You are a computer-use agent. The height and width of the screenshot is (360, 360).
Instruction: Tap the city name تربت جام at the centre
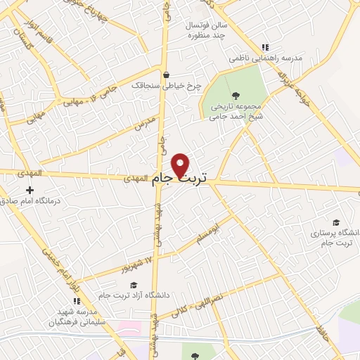click(181, 179)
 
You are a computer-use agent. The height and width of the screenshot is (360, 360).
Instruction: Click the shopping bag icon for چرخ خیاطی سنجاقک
click(166, 75)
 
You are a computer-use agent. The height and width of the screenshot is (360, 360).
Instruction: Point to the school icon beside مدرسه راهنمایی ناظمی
click(265, 47)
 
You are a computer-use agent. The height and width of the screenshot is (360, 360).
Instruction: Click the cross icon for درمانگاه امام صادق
click(30, 190)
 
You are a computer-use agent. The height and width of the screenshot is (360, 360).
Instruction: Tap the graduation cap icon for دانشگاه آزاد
click(134, 284)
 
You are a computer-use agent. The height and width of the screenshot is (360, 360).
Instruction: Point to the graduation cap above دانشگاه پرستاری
click(335, 222)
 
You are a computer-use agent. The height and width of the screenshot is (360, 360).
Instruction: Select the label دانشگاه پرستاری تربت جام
click(334, 237)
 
